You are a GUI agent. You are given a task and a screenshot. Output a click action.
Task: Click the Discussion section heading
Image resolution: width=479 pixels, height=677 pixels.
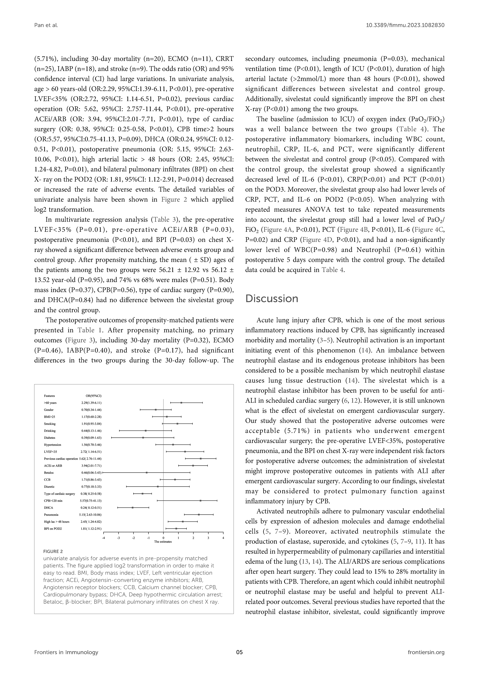point(272,299)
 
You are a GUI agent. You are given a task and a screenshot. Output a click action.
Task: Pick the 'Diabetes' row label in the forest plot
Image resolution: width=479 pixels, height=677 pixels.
point(50,438)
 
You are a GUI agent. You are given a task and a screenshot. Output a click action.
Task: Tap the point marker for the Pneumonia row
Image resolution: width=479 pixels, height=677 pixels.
point(199,515)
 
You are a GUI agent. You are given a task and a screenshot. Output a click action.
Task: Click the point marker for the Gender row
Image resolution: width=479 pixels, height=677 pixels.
point(156,410)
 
